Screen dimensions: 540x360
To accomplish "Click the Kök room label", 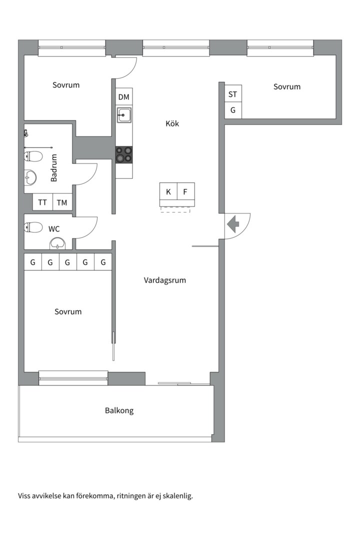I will pos(172,123).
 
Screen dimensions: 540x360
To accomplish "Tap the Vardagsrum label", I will pos(164,280).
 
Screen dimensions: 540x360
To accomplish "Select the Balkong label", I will pos(119,410).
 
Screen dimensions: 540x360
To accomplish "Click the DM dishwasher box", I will pos(123,97).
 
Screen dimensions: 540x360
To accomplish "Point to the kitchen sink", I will pos(123,115).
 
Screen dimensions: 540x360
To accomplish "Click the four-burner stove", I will pos(124,154).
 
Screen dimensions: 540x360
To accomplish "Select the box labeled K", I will pos(168,192).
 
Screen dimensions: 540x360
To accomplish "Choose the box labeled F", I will pos(185,192).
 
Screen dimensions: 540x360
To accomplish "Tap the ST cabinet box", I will pos(232,94).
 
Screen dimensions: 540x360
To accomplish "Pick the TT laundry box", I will pos(42,202).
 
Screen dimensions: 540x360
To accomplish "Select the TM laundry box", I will pos(62,202).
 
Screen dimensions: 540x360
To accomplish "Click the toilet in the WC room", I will pos(33,227).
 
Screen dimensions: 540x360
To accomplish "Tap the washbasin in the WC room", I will pos(58,243).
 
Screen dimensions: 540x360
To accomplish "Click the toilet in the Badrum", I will pos(33,156).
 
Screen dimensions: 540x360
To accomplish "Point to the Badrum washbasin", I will pos(30,176).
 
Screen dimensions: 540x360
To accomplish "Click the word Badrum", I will pos(54,167).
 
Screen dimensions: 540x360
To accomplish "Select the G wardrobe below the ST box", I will pos(232,110).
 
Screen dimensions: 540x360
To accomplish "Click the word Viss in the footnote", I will pos(25,496).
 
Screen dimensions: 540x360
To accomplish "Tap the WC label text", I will pos(54,229).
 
